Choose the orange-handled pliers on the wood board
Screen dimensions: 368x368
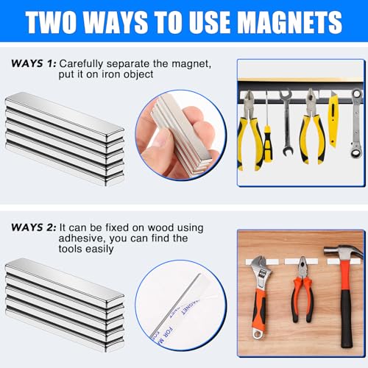301,294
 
